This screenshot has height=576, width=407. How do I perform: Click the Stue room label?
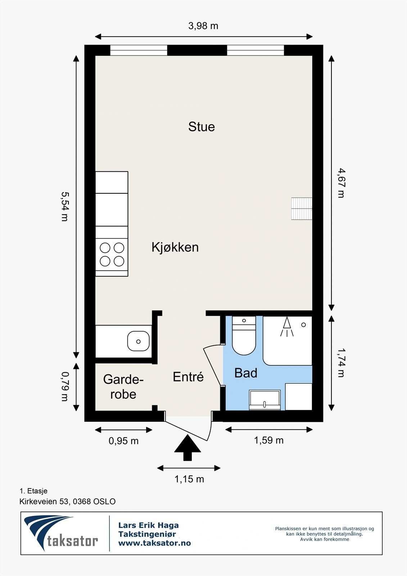point(202,127)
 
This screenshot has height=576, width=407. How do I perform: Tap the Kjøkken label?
point(175,247)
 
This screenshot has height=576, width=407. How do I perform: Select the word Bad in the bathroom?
point(246,373)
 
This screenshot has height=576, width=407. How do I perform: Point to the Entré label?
point(188,377)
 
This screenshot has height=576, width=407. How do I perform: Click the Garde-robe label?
point(123,387)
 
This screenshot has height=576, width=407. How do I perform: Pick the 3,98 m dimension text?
point(203,26)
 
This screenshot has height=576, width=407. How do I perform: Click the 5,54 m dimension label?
point(65,206)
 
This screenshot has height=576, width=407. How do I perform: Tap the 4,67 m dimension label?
point(341,183)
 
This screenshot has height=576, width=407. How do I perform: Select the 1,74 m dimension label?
point(341,363)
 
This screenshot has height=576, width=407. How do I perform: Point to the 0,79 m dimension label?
point(65,387)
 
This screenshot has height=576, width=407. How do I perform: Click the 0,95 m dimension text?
point(123,441)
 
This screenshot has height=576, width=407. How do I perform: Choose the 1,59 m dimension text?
point(269,441)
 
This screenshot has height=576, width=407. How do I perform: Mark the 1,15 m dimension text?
point(189,479)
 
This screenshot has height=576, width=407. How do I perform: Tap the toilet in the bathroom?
point(244,335)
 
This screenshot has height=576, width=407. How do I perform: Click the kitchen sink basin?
point(138,341)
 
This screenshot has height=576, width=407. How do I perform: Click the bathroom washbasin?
point(264,400)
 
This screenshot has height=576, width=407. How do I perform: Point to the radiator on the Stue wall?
point(302,208)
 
